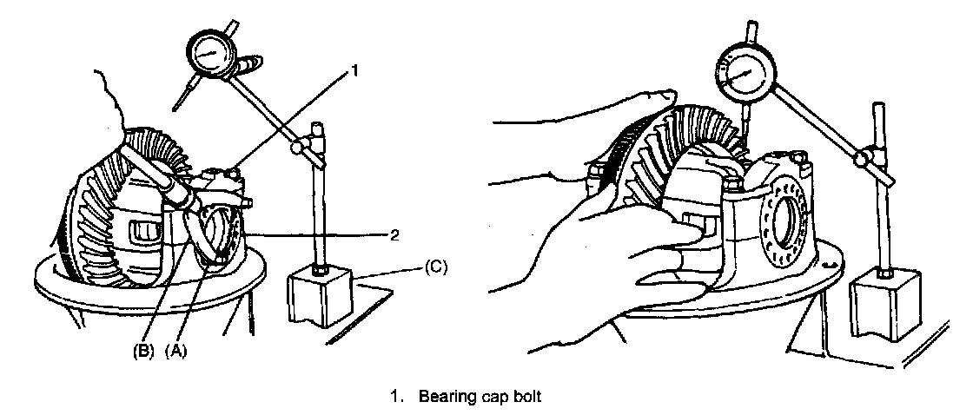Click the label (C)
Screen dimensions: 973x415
coord(435,268)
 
